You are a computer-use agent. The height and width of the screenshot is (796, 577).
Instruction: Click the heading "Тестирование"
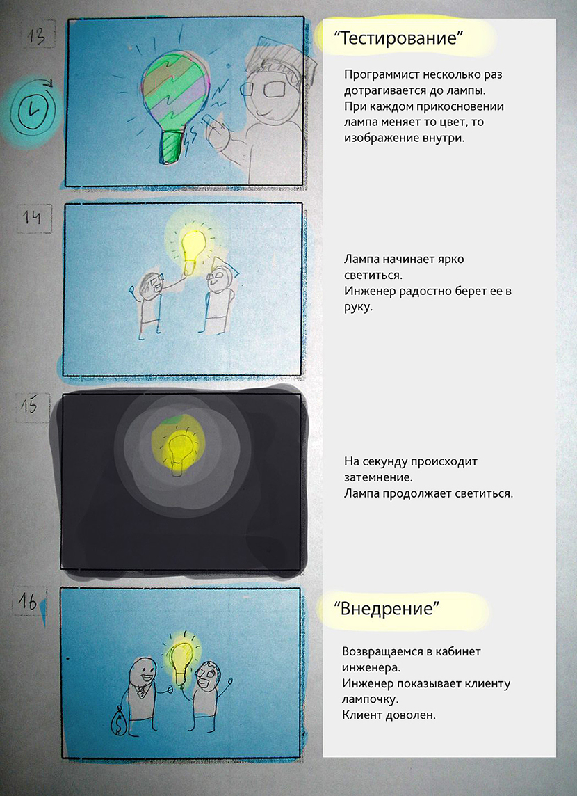pyautogui.click(x=398, y=38)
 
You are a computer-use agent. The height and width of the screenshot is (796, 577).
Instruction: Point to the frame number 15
pyautogui.click(x=29, y=406)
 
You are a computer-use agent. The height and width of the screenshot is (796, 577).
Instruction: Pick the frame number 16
pyautogui.click(x=28, y=602)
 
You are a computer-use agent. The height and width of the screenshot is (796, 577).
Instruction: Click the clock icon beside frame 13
pyautogui.click(x=32, y=109)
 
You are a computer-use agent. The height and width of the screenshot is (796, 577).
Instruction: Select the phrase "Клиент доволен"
pyautogui.click(x=389, y=714)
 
